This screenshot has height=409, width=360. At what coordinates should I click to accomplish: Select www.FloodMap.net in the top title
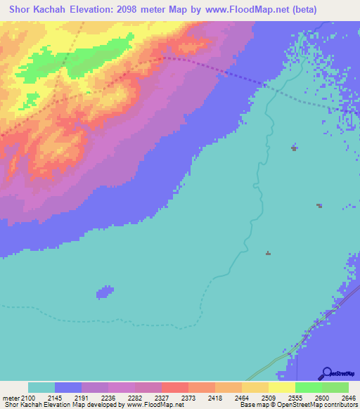(236, 10)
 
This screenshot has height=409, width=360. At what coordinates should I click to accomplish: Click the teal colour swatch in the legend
(41, 387)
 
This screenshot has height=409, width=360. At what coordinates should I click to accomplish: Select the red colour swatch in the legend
(175, 387)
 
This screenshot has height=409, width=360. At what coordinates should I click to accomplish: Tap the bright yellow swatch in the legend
(282, 387)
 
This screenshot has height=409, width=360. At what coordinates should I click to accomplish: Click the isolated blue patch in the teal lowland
(105, 291)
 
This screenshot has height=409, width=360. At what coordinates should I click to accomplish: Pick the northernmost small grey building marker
(294, 148)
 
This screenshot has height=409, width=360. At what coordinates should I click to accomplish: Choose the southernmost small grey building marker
(268, 253)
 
